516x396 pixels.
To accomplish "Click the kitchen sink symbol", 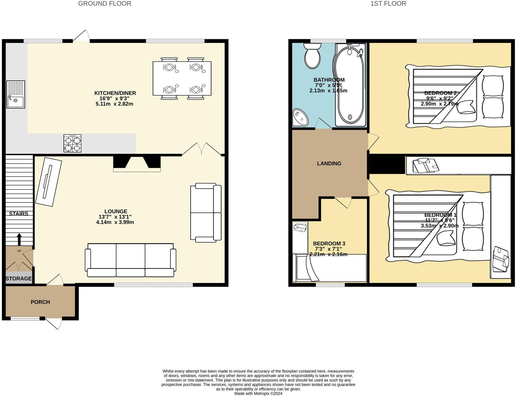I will [x=16, y=94].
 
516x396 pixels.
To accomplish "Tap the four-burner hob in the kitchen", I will [x=72, y=143].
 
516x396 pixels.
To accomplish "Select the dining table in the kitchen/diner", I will [x=182, y=78].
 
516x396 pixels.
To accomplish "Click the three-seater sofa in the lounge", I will [x=130, y=260].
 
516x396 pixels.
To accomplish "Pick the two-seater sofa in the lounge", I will [x=205, y=213].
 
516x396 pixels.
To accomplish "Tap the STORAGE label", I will [x=19, y=278].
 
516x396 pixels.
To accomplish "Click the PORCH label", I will [x=40, y=302].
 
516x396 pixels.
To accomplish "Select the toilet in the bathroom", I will [x=312, y=56].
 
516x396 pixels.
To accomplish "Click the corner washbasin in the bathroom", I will [x=300, y=117].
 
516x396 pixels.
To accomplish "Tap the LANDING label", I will [x=329, y=164].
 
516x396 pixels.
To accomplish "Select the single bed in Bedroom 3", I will [x=329, y=268].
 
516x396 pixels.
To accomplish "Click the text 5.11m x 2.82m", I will [x=114, y=104].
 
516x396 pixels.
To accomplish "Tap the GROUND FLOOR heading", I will [x=105, y=4].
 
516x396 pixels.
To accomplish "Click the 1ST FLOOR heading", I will [x=388, y=4].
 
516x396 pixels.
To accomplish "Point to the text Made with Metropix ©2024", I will [x=258, y=393].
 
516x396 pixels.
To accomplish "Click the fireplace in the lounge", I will [x=137, y=163].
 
